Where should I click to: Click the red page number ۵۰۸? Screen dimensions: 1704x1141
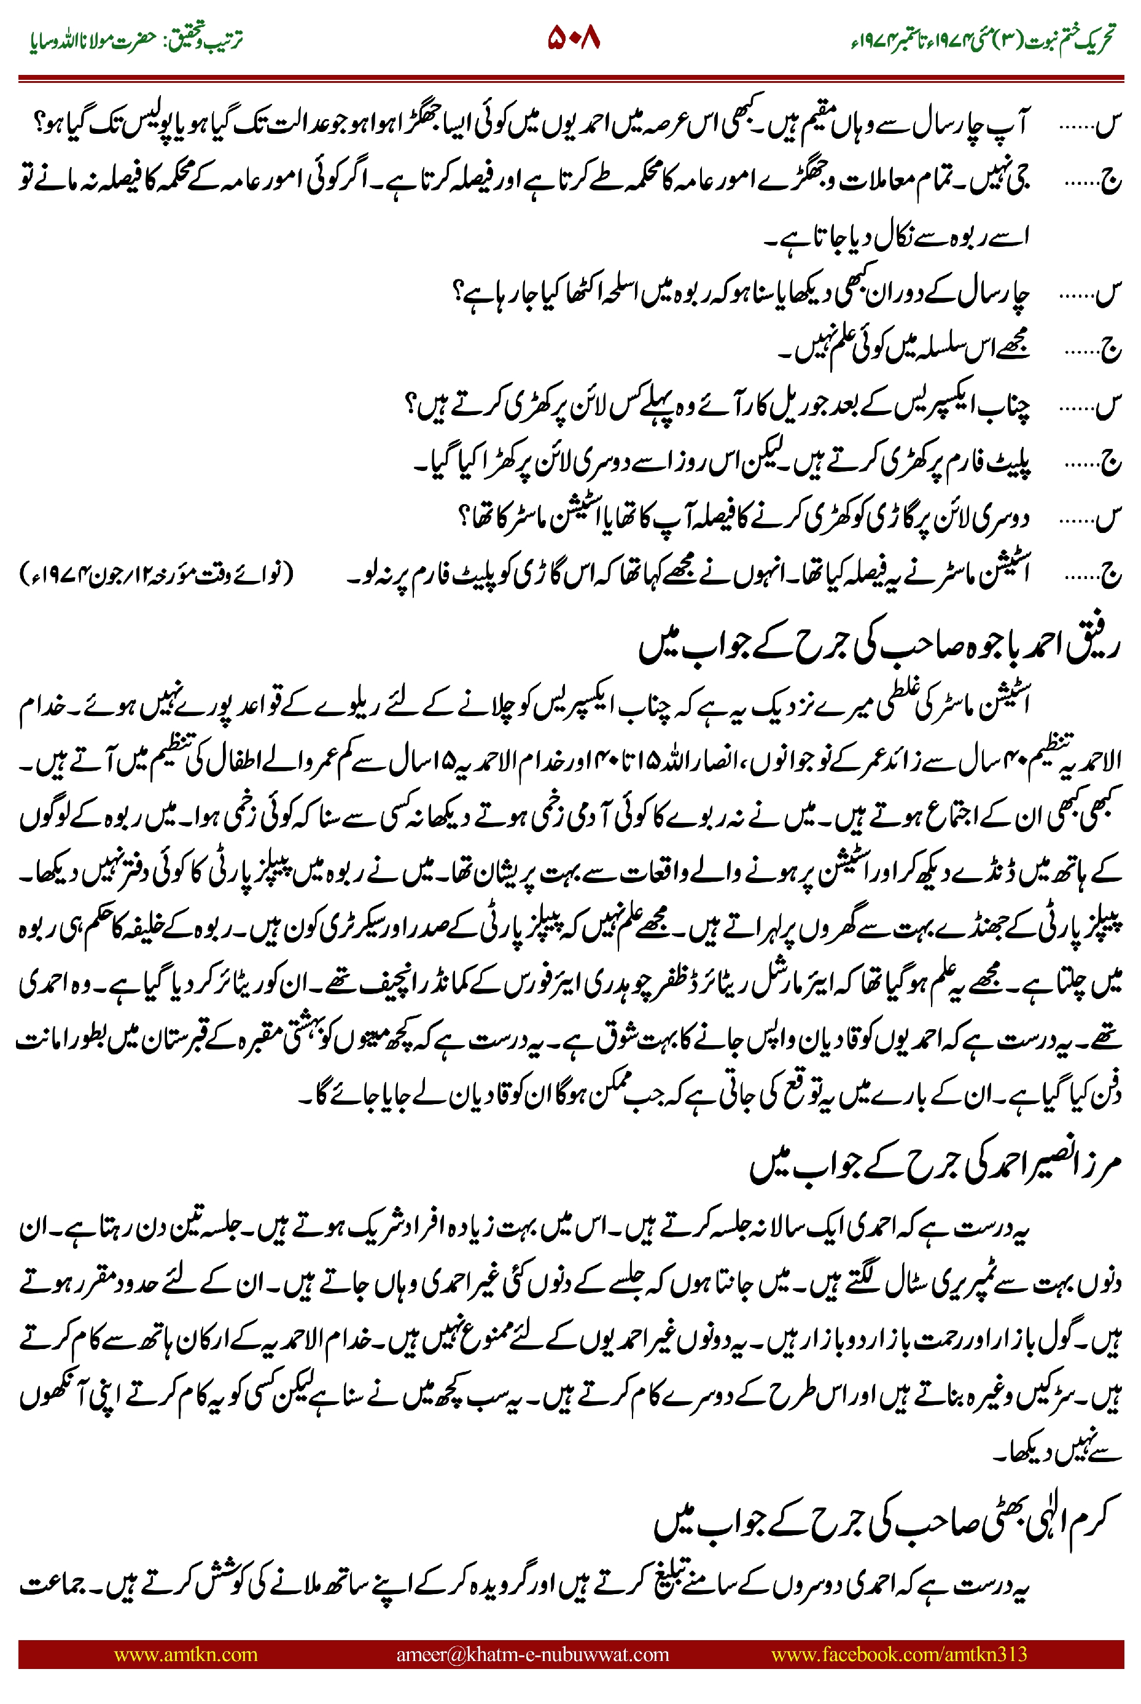click(574, 38)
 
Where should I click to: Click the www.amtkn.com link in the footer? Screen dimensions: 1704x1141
click(185, 1654)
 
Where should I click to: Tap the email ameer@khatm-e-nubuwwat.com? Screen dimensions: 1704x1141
click(532, 1654)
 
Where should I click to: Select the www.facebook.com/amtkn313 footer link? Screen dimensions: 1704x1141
click(898, 1654)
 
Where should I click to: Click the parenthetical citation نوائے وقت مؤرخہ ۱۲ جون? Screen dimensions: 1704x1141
click(157, 574)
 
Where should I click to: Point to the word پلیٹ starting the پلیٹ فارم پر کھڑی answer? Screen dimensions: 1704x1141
click(1011, 461)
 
